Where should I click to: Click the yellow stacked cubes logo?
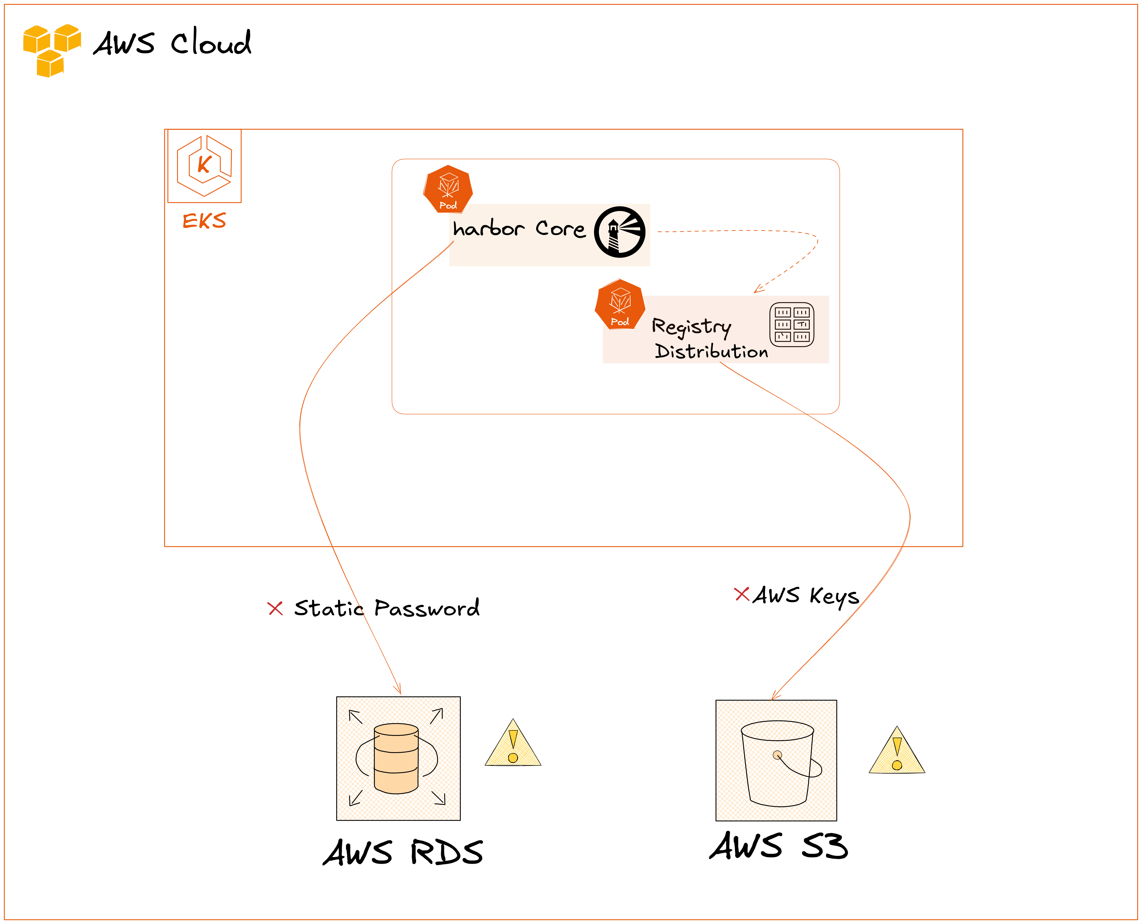52,53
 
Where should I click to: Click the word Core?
560,229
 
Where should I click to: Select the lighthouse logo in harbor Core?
620,232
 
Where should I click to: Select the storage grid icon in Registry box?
792,325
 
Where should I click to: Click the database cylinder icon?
396,758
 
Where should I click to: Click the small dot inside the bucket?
777,755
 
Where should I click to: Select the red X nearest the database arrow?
275,608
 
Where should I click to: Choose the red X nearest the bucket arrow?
742,594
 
